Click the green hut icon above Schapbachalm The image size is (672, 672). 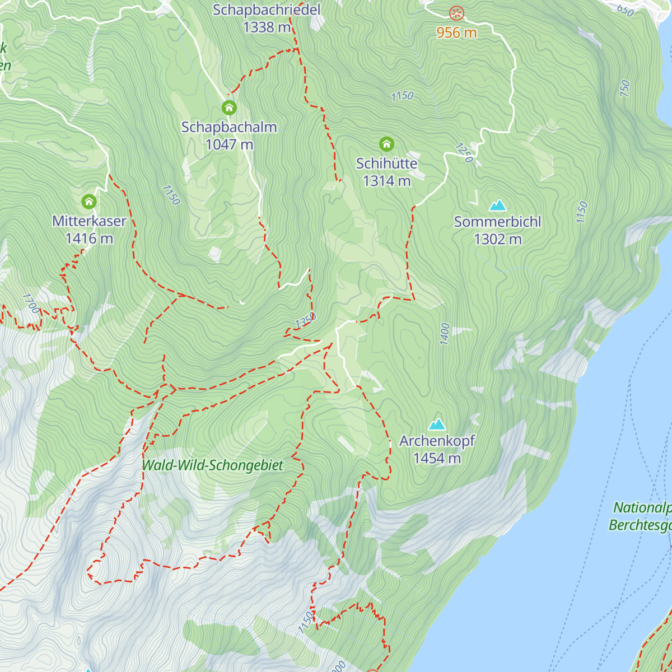228,108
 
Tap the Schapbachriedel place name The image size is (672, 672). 267,10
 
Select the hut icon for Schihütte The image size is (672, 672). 386,144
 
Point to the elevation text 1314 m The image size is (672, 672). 386,181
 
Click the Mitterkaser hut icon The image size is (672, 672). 89,202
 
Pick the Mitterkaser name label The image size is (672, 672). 89,221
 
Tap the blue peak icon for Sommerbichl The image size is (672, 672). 497,206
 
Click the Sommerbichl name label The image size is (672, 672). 497,222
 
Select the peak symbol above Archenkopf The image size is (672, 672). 437,424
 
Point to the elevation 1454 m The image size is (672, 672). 437,459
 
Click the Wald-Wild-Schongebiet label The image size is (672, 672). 213,465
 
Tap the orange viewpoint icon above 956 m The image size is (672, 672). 457,13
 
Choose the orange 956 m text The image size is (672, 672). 457,33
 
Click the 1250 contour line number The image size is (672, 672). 464,153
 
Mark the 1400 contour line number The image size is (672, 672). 445,334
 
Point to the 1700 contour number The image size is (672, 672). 31,304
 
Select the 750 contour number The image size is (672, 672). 625,88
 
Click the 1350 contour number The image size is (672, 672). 305,321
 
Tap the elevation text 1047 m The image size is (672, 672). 229,144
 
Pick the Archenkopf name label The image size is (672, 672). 437,441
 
